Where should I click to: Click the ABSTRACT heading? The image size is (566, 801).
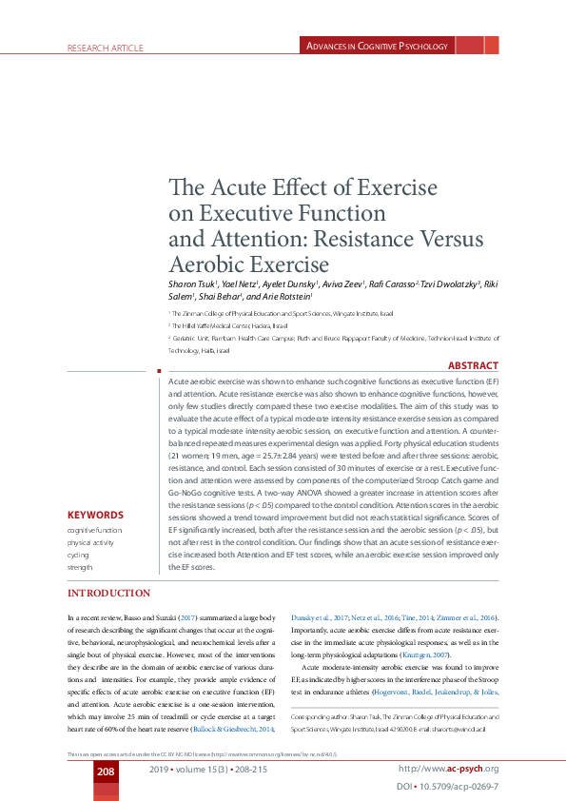point(472,365)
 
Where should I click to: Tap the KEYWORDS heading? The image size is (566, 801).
point(95,514)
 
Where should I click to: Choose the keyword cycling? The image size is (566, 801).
point(78,553)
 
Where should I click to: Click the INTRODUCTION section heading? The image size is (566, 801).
point(108,594)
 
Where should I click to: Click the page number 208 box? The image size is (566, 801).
point(106,770)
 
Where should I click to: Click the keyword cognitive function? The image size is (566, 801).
point(94,528)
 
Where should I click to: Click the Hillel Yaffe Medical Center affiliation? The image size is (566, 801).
point(218,324)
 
